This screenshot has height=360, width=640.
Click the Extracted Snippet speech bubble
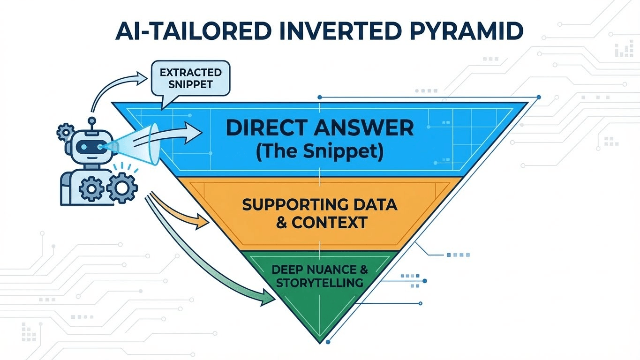[190, 79]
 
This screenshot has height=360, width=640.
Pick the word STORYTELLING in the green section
[319, 283]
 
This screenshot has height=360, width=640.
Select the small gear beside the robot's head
[64, 132]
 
